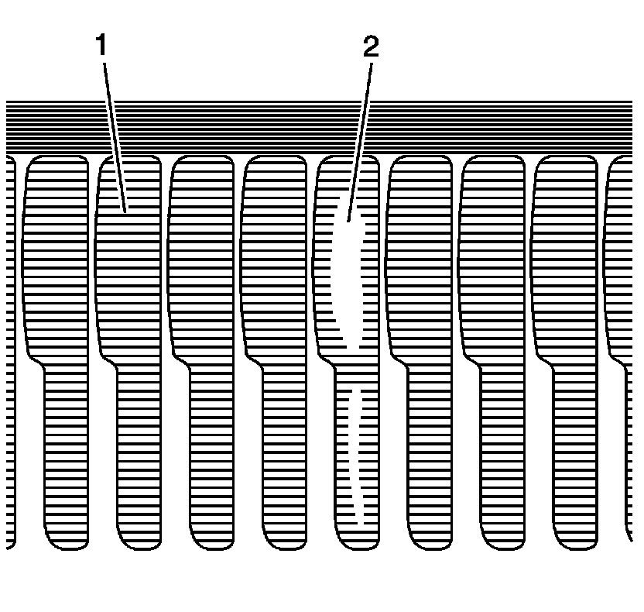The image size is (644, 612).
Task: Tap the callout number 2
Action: pos(371,47)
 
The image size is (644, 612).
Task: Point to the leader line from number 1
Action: pos(114,132)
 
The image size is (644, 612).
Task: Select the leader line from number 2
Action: pos(361,132)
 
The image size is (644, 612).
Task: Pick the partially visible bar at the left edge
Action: pos(10,349)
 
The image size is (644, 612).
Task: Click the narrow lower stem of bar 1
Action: pos(139,449)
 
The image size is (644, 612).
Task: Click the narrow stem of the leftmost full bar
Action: pos(67,449)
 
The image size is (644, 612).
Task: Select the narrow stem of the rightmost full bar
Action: pos(575,449)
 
